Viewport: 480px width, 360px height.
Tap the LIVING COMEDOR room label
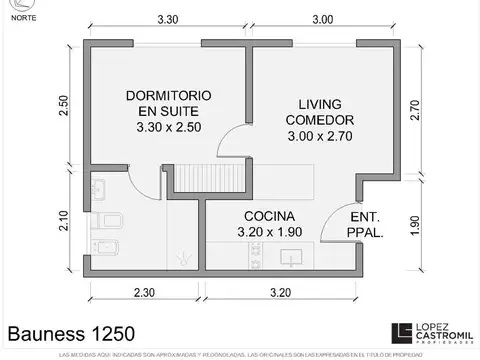(321, 120)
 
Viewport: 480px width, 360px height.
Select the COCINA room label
(267, 224)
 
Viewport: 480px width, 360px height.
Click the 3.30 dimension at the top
(168, 18)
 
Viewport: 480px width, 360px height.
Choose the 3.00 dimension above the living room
(322, 18)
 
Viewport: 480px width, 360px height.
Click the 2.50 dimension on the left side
(63, 106)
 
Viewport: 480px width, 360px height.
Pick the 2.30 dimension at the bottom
(142, 293)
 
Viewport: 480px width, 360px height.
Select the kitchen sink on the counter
(233, 261)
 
